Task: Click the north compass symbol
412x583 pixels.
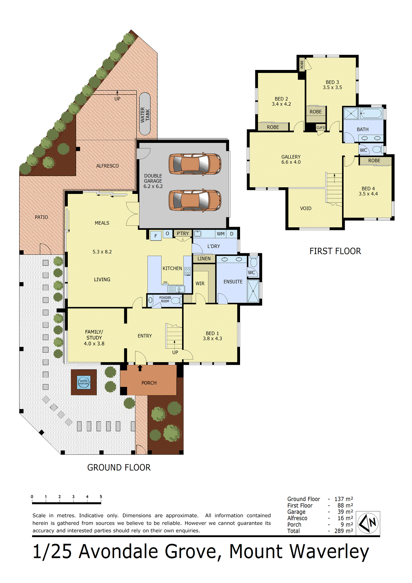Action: (368, 523)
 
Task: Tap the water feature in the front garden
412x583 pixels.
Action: (84, 382)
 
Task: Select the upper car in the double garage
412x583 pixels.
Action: (195, 164)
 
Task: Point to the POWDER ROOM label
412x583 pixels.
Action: (165, 299)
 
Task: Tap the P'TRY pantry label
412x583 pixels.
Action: (183, 234)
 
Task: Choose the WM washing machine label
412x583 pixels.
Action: (220, 234)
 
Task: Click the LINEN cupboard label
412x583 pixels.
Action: (204, 259)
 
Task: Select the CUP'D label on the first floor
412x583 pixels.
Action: (321, 128)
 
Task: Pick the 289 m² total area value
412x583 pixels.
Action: (344, 531)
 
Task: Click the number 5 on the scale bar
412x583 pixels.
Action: (101, 497)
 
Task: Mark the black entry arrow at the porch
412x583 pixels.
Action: (140, 368)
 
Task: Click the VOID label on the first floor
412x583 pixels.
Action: (306, 208)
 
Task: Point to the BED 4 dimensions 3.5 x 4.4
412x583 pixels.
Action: (368, 194)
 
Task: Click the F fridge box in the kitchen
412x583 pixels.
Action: (156, 236)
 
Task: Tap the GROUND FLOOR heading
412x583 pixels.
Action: (119, 467)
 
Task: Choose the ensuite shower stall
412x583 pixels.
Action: (253, 291)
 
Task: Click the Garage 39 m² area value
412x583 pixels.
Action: (345, 512)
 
